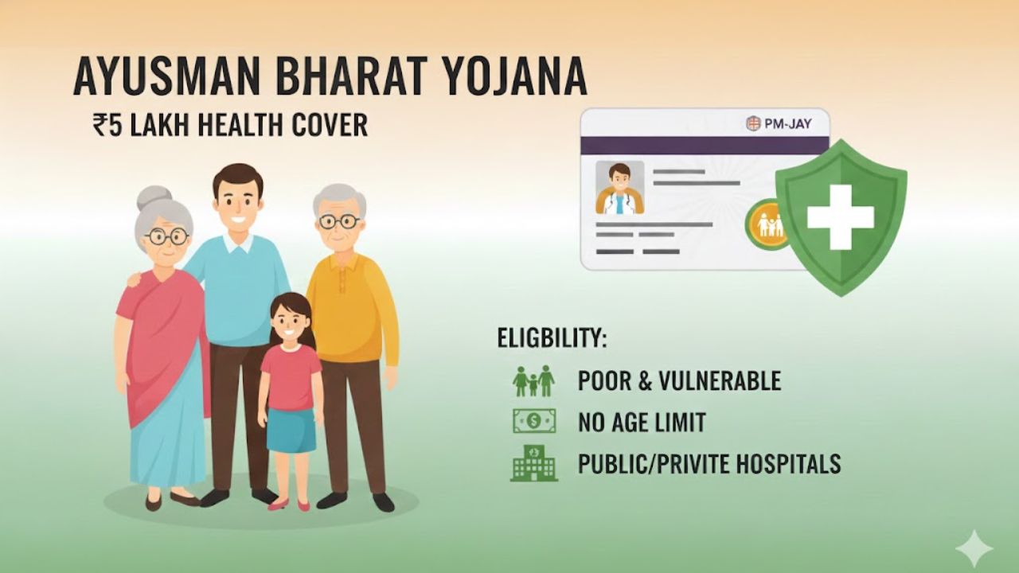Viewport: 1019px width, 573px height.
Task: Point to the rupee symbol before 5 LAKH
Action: point(100,126)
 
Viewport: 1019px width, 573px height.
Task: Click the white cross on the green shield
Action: point(840,216)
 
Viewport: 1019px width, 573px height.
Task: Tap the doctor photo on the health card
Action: point(619,188)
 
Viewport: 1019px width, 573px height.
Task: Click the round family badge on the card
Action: point(768,224)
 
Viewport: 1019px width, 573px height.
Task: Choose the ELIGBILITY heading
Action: point(552,337)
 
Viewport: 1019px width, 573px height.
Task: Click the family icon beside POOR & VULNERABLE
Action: point(533,381)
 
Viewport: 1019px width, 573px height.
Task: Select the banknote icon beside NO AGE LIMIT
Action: point(533,421)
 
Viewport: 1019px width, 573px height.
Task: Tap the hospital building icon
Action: point(533,462)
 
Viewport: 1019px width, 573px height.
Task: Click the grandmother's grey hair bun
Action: point(154,197)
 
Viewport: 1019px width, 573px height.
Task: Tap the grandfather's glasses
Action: point(340,221)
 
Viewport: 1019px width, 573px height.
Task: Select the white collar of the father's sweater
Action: point(238,241)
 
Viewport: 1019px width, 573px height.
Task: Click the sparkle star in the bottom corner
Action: point(974,548)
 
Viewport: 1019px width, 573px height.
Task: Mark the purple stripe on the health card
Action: point(705,145)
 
